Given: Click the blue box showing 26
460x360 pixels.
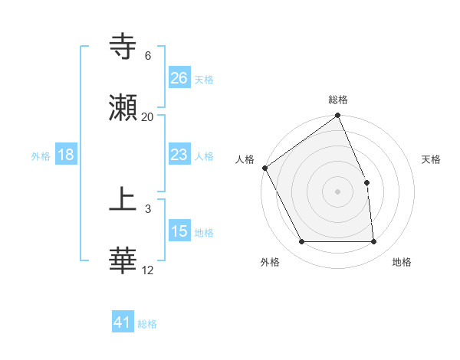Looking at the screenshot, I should (x=179, y=77).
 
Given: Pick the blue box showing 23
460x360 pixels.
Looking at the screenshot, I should (x=179, y=155).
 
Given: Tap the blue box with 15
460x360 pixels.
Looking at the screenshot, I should (x=179, y=231).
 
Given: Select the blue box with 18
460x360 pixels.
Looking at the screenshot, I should (x=66, y=155).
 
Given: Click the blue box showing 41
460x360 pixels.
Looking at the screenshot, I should (x=123, y=322).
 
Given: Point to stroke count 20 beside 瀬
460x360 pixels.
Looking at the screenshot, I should (x=148, y=117).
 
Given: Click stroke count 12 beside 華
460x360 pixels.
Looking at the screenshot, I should (x=148, y=270).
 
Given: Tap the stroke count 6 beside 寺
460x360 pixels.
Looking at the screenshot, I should (x=148, y=56).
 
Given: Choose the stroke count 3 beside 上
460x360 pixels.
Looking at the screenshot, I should (x=148, y=208).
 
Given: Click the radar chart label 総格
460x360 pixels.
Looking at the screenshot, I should (x=338, y=100).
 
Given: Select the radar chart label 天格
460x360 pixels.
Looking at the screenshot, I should (x=432, y=159).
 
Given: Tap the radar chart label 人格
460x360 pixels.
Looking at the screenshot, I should (x=245, y=159).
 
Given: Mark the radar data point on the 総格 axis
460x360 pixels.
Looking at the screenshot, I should (x=338, y=116).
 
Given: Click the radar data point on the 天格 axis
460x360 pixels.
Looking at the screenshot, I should (x=366, y=182).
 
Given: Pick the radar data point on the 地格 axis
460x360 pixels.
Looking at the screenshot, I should (x=374, y=242).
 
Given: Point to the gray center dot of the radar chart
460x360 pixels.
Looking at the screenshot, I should (x=338, y=191).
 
